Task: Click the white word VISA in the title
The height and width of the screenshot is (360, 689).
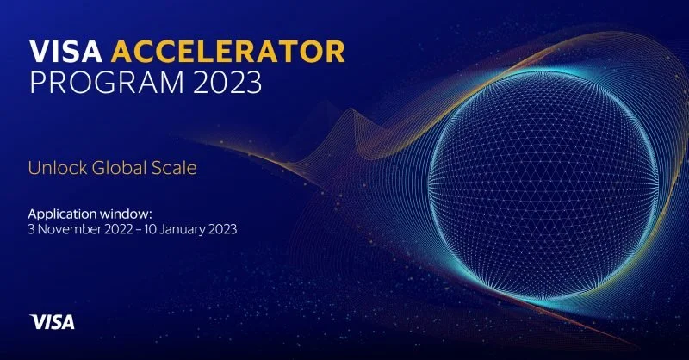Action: pos(65,52)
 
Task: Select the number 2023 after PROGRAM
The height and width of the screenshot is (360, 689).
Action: pos(229,84)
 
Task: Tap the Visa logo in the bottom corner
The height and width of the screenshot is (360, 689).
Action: pos(53,322)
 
